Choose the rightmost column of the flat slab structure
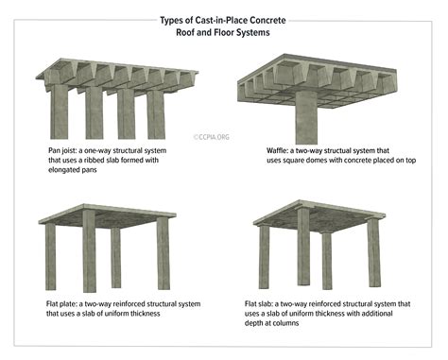(x=372, y=252)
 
